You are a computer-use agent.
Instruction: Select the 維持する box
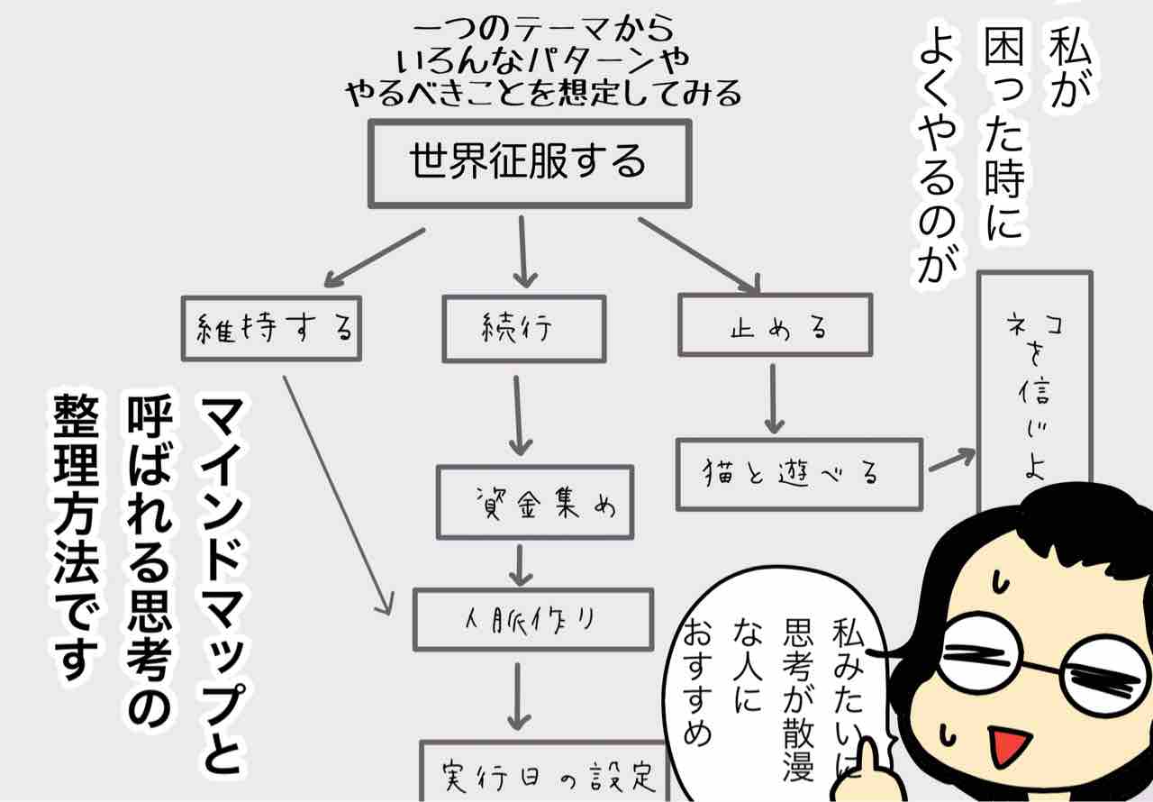(270, 328)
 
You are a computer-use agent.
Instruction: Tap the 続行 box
(521, 328)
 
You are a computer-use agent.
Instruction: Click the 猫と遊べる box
(799, 474)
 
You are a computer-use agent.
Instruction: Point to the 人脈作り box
(532, 619)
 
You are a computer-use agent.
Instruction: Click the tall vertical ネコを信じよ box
(1034, 387)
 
